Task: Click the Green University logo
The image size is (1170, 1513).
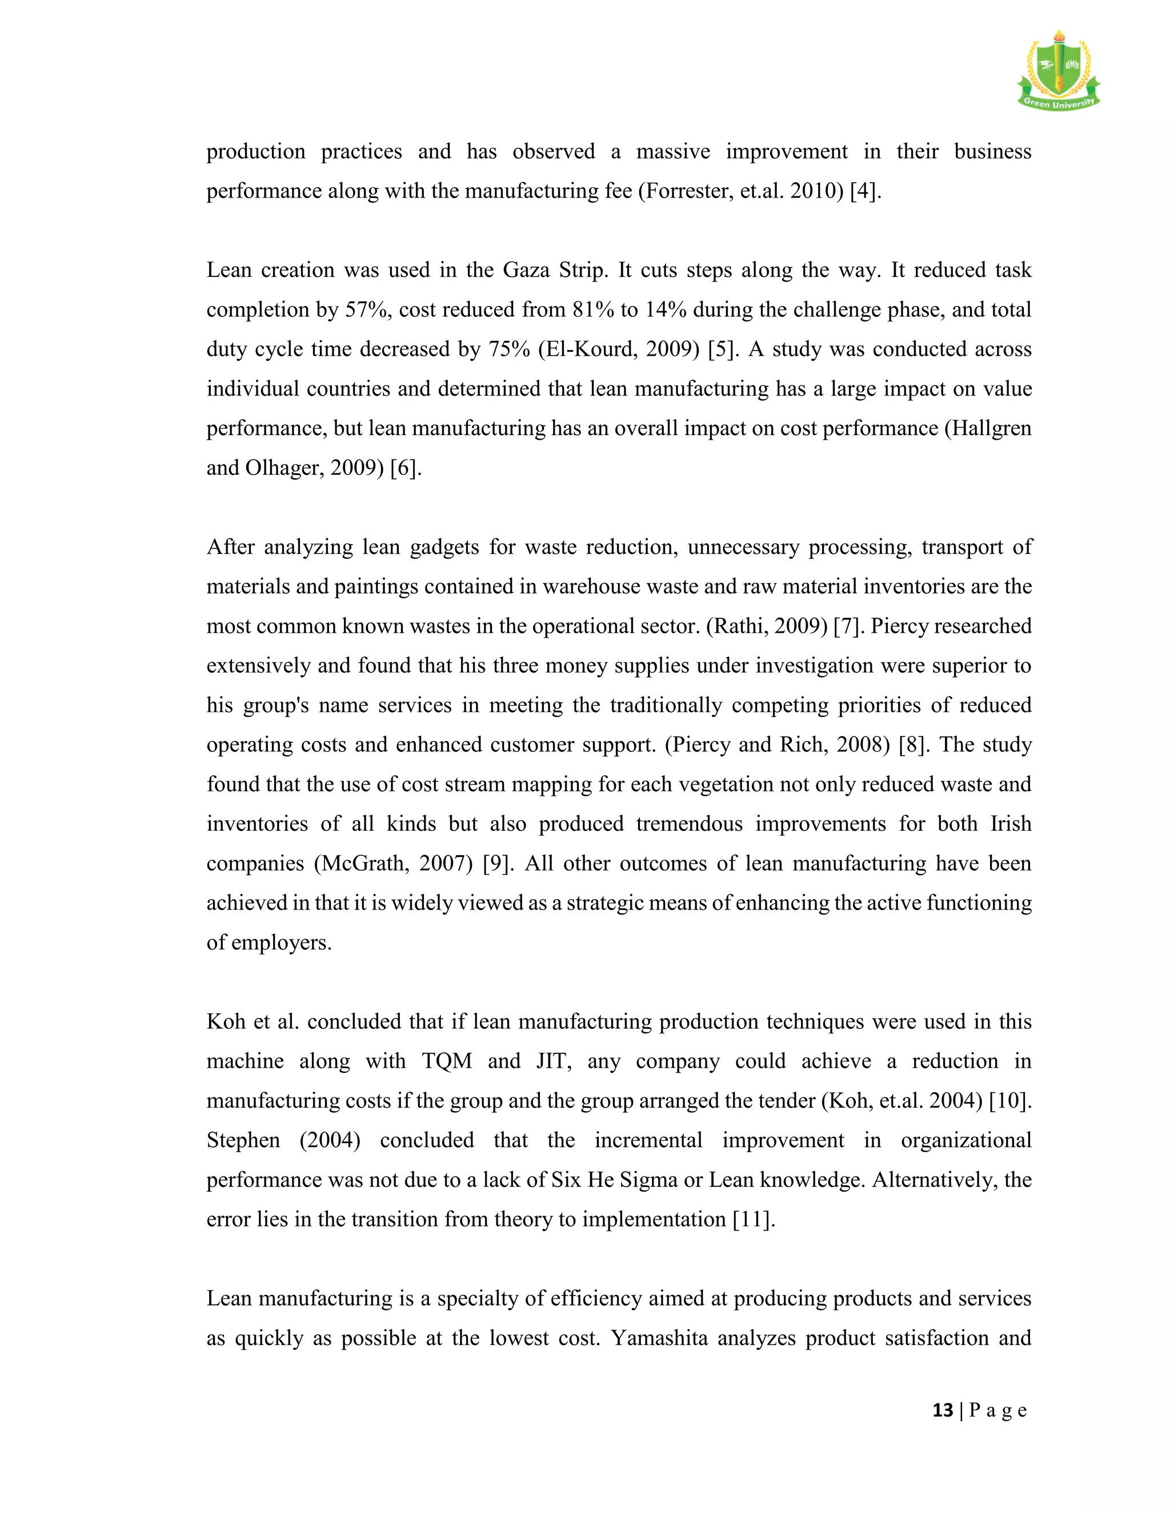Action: point(1057,71)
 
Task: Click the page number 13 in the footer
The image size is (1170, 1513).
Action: point(943,1410)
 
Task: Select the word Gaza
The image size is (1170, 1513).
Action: point(526,269)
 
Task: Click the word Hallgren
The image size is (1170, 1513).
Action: point(991,428)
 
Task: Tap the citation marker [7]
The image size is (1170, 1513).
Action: point(848,626)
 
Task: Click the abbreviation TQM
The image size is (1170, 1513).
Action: point(447,1061)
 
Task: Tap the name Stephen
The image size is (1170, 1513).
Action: point(243,1140)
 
